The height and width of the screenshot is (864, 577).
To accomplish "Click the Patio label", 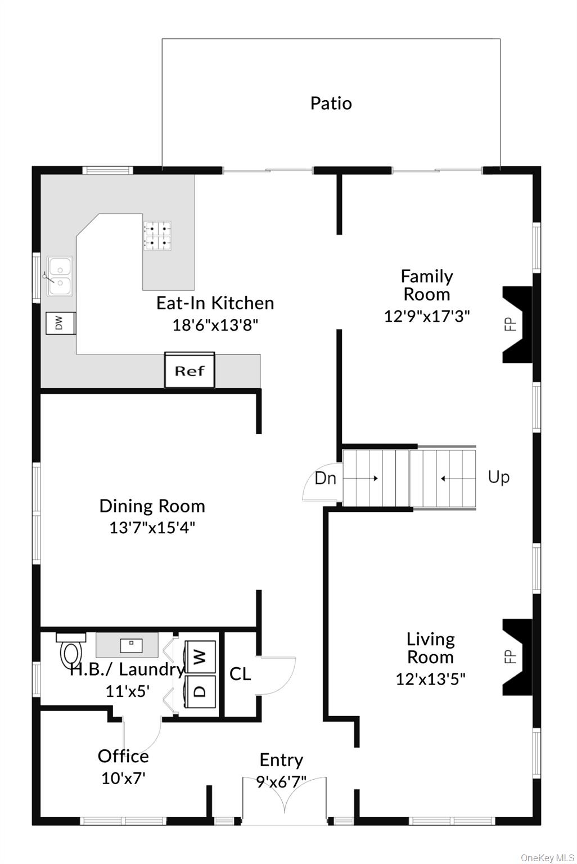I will (x=331, y=103).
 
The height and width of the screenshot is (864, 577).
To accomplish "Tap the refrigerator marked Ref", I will (x=190, y=371).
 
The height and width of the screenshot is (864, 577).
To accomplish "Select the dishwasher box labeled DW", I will (x=60, y=323).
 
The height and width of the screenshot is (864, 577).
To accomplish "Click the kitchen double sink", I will (x=60, y=276).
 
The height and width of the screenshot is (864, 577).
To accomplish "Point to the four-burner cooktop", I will (x=157, y=236).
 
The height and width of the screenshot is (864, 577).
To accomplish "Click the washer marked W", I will (x=200, y=656).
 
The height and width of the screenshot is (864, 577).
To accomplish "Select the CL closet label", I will (x=240, y=674).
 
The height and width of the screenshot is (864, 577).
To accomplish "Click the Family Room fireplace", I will (x=517, y=325).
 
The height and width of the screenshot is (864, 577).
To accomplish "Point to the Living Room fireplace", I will (x=517, y=656).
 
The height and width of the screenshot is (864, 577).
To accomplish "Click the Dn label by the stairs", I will (x=325, y=478).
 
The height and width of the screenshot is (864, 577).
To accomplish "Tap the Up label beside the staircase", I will (x=498, y=477).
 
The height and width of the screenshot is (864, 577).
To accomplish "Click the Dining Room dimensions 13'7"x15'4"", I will (x=152, y=528).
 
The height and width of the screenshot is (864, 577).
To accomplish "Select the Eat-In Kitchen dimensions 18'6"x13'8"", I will (x=215, y=325).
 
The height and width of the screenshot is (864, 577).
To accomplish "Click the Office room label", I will (x=123, y=756).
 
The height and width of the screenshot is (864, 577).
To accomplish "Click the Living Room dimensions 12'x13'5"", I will (x=430, y=679).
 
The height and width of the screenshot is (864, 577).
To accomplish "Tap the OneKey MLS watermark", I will (x=547, y=857).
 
